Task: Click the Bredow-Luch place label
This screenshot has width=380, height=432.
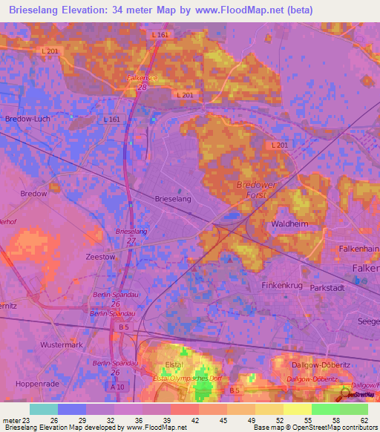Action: (27, 119)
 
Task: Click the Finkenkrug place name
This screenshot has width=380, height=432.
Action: (284, 284)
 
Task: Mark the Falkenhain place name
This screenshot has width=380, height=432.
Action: (359, 250)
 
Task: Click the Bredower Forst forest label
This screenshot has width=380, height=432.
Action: (256, 189)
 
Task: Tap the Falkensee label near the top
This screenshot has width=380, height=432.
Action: (143, 77)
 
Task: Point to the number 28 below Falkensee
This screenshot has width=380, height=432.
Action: (140, 88)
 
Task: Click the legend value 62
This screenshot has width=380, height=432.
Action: (363, 420)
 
